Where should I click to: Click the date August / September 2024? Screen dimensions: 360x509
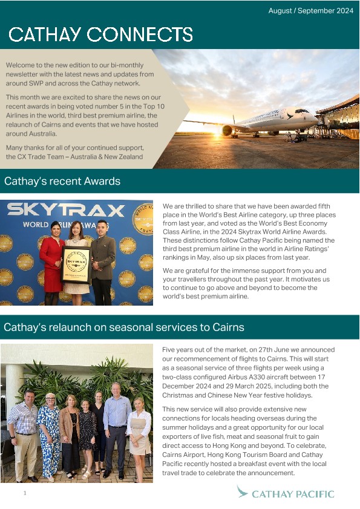pyautogui.click(x=310, y=11)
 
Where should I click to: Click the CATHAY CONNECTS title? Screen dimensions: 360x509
pyautogui.click(x=101, y=34)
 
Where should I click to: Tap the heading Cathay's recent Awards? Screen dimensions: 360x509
pyautogui.click(x=62, y=181)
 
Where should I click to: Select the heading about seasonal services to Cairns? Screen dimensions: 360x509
pyautogui.click(x=124, y=327)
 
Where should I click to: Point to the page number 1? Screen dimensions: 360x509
pyautogui.click(x=25, y=493)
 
